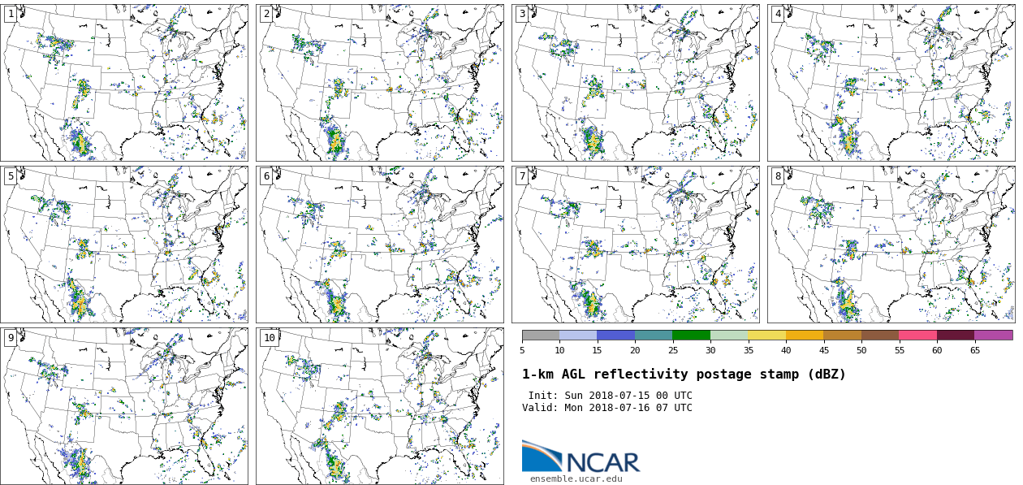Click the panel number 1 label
click(11, 14)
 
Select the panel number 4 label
click(778, 14)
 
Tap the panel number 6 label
click(266, 176)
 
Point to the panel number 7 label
click(522, 176)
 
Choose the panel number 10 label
click(269, 338)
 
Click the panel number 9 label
click(11, 338)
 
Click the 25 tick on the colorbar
click(672, 350)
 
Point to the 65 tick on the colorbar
click(974, 350)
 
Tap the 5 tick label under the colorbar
click(522, 350)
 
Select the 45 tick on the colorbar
click(823, 350)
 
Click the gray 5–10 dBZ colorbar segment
click(541, 335)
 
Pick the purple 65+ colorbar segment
click(993, 335)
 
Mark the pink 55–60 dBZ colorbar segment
click(917, 335)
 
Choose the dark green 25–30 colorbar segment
click(691, 335)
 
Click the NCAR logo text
click(602, 463)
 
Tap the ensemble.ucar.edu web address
click(576, 479)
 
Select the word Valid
click(539, 408)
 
